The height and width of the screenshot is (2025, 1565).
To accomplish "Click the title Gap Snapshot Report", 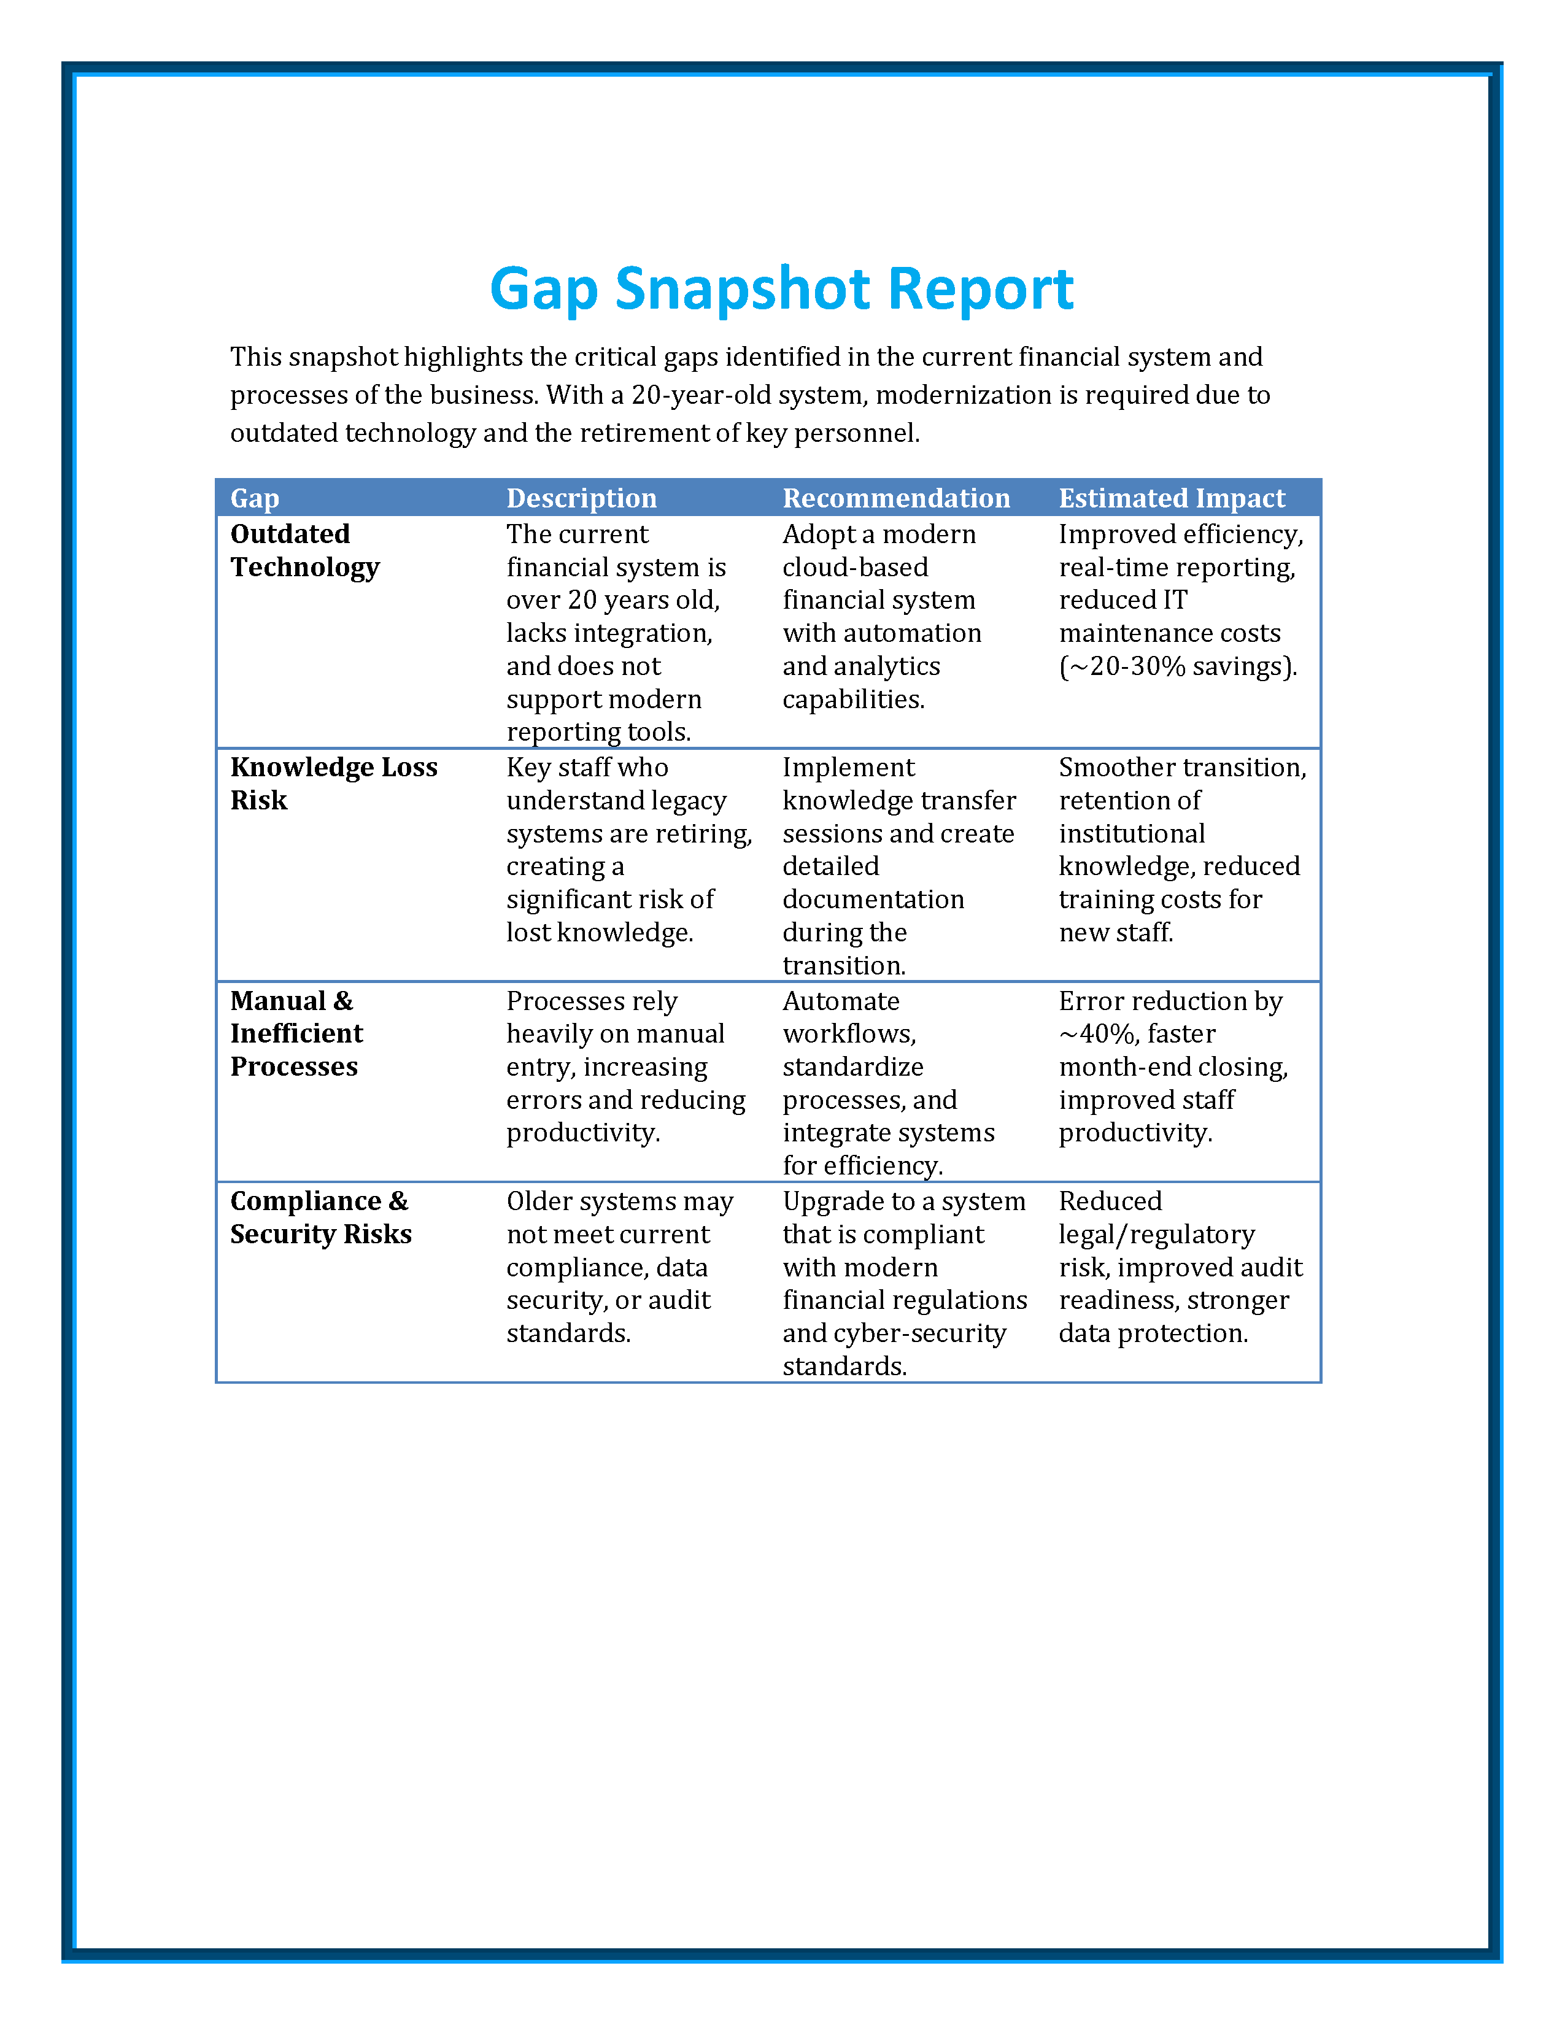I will point(781,288).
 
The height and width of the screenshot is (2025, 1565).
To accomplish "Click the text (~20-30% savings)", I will point(1178,666).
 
